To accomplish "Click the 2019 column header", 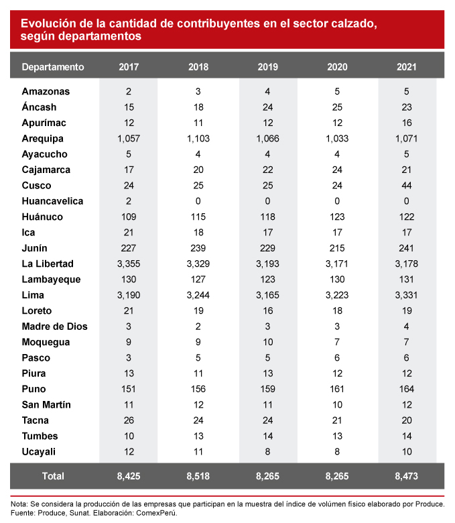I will click(x=268, y=67).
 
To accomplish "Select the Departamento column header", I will click(x=53, y=67).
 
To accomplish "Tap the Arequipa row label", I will click(x=42, y=139).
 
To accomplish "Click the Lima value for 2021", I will click(x=407, y=295).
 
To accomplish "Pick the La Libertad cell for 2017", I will click(x=129, y=264).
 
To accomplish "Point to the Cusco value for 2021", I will click(x=407, y=186).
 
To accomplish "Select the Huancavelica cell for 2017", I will click(x=129, y=201).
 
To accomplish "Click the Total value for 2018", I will click(x=198, y=476).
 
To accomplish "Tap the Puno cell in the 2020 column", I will click(x=337, y=389).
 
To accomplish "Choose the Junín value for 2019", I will click(x=268, y=248).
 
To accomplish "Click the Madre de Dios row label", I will click(x=54, y=327).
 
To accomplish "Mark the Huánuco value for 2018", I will click(x=198, y=217).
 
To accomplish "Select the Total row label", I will click(x=53, y=476).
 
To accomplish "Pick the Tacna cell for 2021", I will click(x=407, y=420).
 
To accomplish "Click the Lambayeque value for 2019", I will click(x=268, y=280).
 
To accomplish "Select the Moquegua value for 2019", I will click(x=268, y=342).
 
